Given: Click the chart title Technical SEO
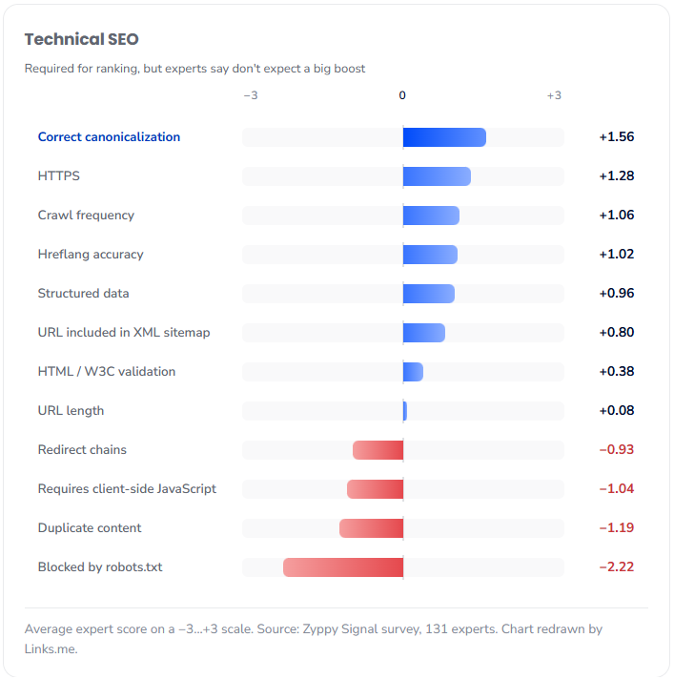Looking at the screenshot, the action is [81, 39].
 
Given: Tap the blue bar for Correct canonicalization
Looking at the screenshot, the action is [444, 137].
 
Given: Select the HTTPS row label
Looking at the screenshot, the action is [59, 175].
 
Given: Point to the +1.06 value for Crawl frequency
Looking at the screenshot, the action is [617, 215].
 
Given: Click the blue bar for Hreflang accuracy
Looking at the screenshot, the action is [430, 255].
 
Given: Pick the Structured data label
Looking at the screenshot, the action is [84, 293].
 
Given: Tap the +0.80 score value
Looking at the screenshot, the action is [617, 332].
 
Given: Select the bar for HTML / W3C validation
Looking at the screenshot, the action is [413, 372].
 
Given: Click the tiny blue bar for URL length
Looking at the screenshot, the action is [405, 411].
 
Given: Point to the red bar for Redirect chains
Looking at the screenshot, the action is [378, 450].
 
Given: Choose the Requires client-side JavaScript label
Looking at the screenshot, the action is [127, 489].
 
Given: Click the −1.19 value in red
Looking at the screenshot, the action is [617, 527].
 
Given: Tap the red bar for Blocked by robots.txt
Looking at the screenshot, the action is [343, 567].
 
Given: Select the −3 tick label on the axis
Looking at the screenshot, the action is [251, 95].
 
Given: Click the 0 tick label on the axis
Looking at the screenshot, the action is [402, 95].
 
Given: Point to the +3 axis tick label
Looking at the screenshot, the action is [554, 95].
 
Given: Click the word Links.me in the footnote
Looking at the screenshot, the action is [51, 649].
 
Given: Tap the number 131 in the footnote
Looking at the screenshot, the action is [437, 628].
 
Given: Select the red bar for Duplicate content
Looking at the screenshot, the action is [372, 528].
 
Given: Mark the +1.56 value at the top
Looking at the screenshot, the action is [617, 136].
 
